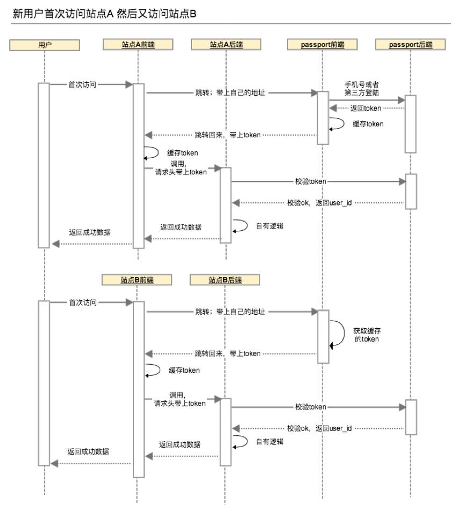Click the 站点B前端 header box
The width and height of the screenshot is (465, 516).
pos(137,280)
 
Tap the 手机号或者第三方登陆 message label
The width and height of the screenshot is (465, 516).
pos(366,88)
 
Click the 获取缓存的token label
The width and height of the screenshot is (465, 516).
pos(367,335)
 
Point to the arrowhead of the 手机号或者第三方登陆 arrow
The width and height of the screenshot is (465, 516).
pos(401,101)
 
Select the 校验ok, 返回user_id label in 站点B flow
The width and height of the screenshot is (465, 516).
pos(319,428)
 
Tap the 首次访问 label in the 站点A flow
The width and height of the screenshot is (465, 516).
pos(82,84)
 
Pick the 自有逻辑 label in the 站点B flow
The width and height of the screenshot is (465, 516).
pos(269,441)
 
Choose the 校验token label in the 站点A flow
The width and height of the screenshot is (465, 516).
pos(311,182)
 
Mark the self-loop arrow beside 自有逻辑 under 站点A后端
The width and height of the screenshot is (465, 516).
pos(240,225)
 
